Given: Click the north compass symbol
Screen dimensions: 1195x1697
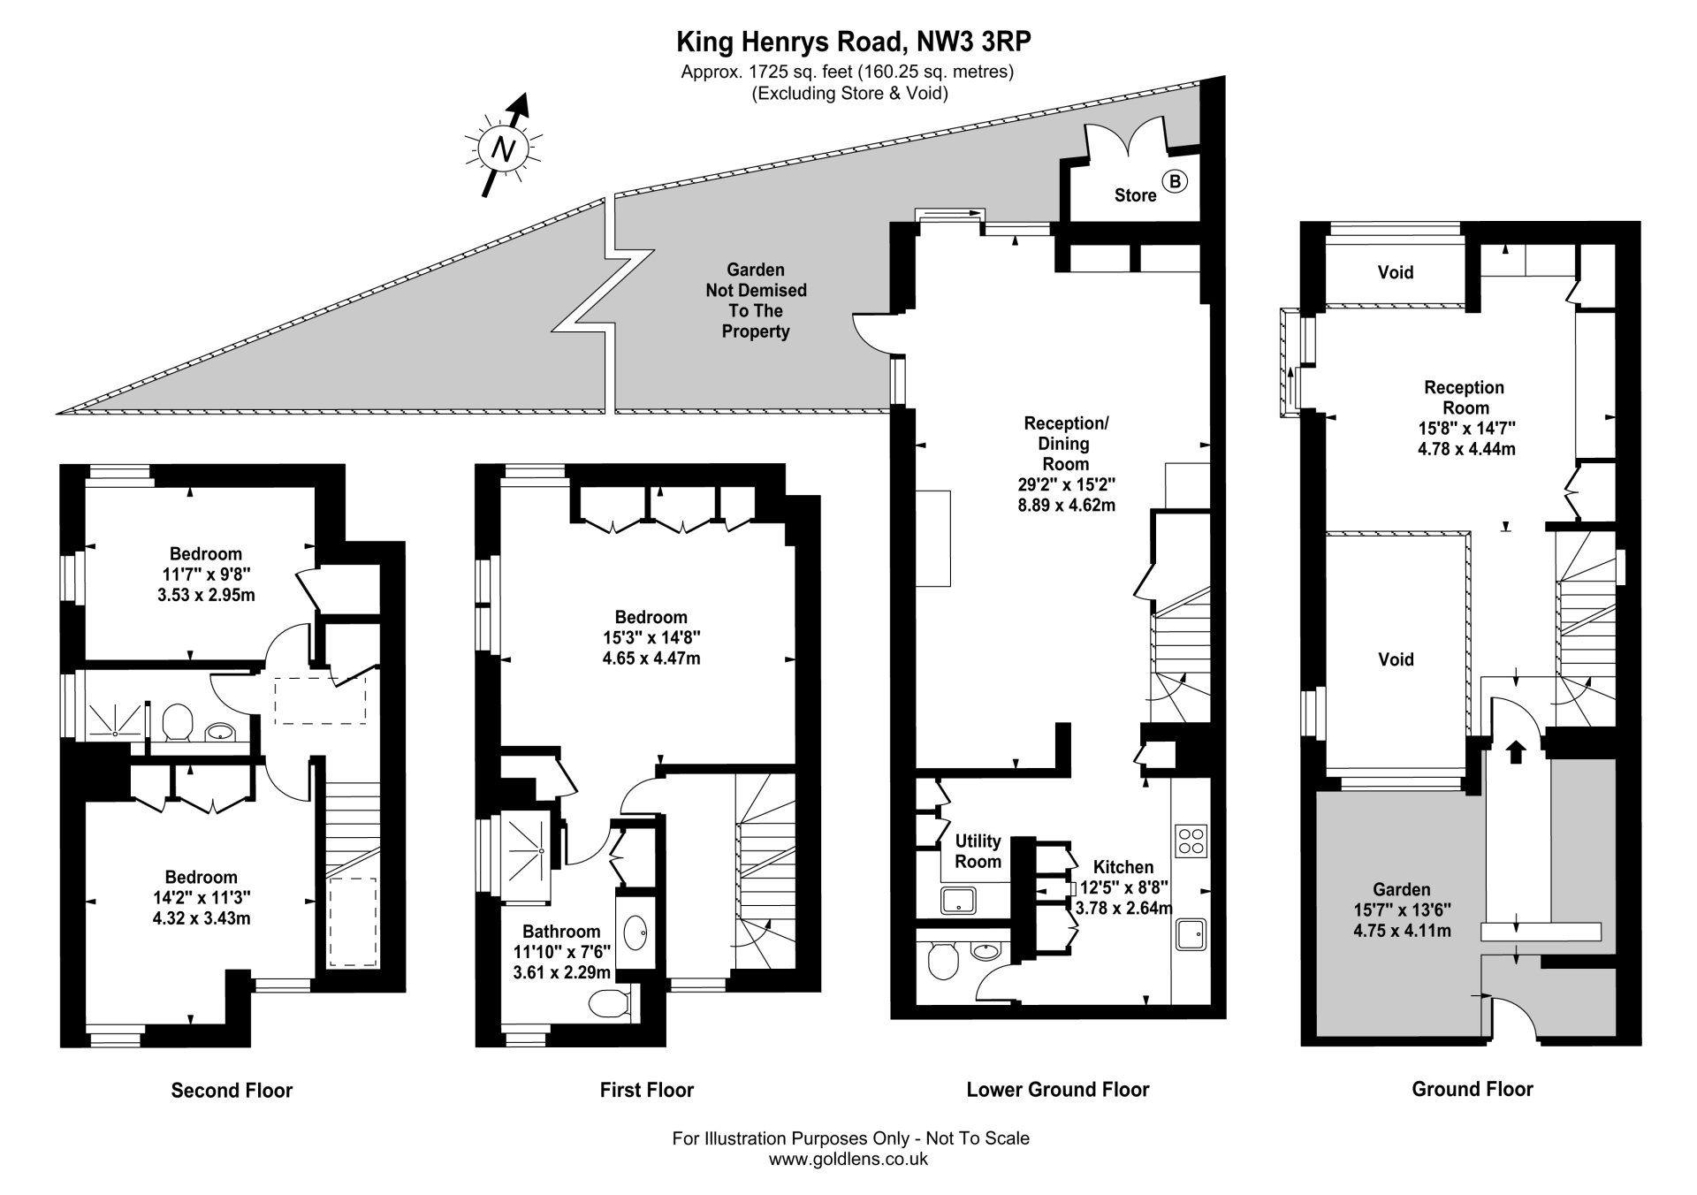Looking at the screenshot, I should (x=504, y=148).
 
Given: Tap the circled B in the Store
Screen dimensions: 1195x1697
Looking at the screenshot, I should (x=1175, y=182).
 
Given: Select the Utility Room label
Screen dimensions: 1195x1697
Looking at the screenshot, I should (x=978, y=851).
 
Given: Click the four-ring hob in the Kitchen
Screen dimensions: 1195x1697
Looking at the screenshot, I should (x=1191, y=840).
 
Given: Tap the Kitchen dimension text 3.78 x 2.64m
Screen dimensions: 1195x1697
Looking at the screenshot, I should (x=1122, y=908).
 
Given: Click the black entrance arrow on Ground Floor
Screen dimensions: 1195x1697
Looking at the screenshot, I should (x=1516, y=752).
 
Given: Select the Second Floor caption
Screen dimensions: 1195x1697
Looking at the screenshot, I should (x=232, y=1090).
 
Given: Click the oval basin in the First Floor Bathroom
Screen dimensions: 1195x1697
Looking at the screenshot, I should (x=635, y=932).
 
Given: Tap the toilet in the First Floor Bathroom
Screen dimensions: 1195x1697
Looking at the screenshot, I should (x=609, y=1003).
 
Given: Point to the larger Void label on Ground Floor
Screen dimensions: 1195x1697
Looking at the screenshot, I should (x=1396, y=659).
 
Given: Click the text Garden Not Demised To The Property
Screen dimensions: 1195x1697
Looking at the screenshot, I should (x=755, y=301).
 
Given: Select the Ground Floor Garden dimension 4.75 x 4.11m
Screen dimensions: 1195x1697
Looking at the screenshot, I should (x=1401, y=931).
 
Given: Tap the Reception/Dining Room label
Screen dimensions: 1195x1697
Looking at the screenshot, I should (x=1066, y=443).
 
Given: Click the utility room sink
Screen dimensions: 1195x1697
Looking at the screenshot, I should (x=957, y=901).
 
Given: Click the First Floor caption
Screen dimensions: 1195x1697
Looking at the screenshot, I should (x=646, y=1090).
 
